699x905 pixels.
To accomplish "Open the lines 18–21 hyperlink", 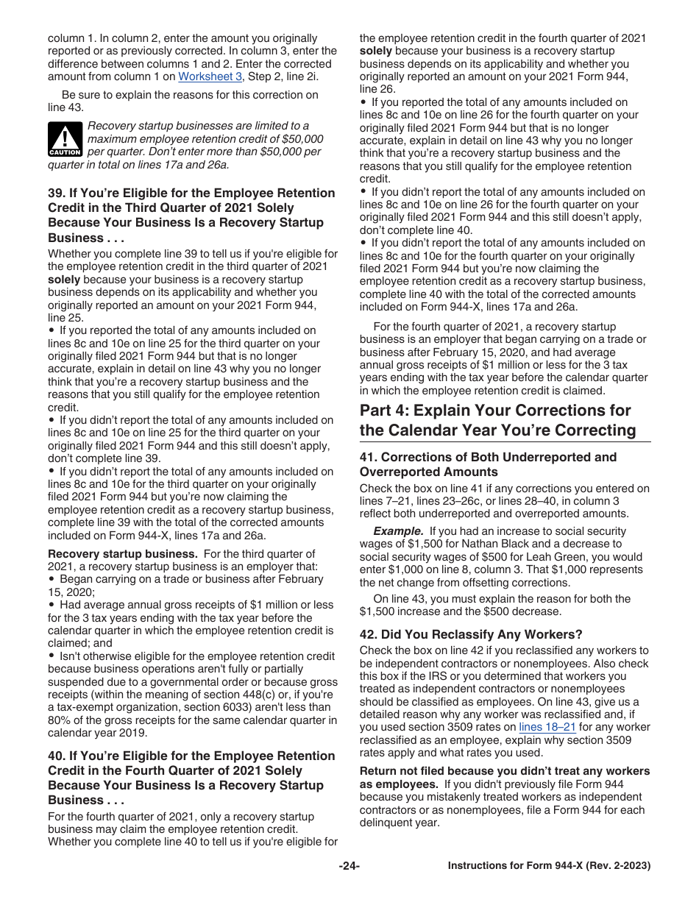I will (x=547, y=727).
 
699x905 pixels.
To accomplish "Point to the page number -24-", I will (x=349, y=866).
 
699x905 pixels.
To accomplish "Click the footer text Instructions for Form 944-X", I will (x=549, y=866).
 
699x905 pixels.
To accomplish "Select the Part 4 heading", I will (x=495, y=420).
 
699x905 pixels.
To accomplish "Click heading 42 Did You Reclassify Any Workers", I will (x=471, y=634).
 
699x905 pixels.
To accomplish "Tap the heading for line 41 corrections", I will (x=488, y=464).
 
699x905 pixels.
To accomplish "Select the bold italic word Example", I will (x=398, y=531).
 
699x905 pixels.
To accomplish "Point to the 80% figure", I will (x=60, y=720).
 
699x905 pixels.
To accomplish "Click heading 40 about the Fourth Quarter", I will (x=191, y=778).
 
